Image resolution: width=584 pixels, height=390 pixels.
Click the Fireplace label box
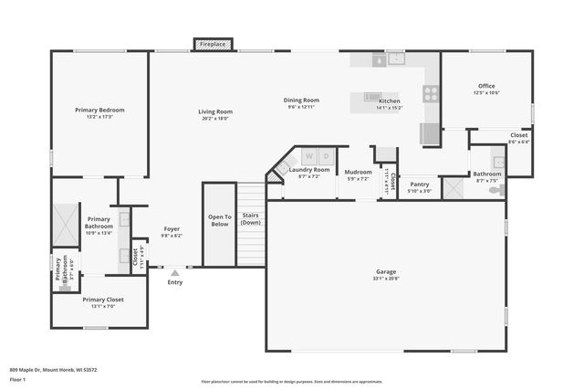click(213, 43)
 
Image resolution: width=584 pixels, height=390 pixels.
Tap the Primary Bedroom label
click(99, 110)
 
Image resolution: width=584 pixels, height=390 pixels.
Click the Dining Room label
click(301, 100)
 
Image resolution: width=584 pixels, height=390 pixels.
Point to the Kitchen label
click(390, 100)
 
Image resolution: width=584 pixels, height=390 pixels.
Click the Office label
click(485, 86)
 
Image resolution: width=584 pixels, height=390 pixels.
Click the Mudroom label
click(358, 171)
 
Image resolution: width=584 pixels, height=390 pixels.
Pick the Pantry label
click(420, 184)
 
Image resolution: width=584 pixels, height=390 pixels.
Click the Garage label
click(386, 271)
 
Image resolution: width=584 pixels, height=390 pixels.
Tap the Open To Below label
click(219, 220)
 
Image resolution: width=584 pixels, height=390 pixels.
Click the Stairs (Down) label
click(250, 219)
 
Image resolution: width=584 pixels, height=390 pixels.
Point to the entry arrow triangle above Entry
click(175, 271)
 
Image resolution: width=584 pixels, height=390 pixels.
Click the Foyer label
click(172, 228)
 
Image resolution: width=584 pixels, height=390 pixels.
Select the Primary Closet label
click(102, 299)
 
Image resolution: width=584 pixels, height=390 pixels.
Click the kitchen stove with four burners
click(430, 92)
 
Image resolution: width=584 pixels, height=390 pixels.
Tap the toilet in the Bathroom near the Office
click(497, 190)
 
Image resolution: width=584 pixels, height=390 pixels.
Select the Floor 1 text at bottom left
click(17, 378)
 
